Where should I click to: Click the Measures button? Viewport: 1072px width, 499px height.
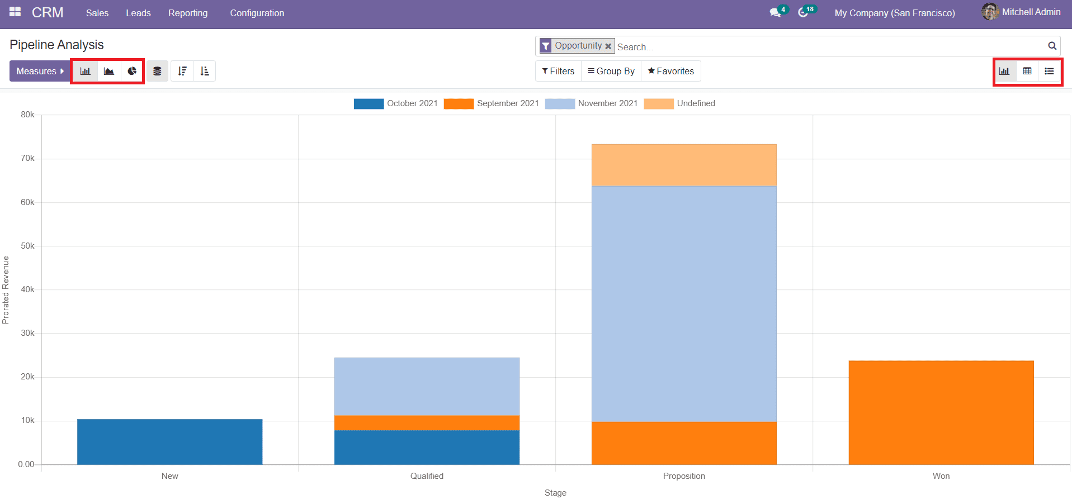(x=40, y=71)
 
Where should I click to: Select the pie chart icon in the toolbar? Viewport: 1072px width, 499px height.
(x=132, y=71)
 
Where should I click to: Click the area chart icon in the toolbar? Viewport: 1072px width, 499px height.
(x=109, y=71)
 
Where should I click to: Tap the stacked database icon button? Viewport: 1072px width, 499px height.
(x=157, y=71)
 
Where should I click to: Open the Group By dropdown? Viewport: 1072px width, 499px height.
(x=611, y=71)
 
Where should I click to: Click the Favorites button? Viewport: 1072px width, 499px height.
(x=670, y=71)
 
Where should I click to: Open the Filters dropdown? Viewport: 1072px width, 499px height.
(x=558, y=71)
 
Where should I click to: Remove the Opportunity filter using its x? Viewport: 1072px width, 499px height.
(x=608, y=46)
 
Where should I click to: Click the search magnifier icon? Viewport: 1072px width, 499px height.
(x=1052, y=46)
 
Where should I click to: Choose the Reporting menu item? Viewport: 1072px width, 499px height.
(x=188, y=13)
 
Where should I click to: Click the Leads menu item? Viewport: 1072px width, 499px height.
(x=138, y=13)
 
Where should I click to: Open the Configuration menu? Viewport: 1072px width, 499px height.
(x=257, y=13)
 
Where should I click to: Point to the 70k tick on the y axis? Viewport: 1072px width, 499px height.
(x=28, y=158)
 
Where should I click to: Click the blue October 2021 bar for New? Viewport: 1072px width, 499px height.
(x=170, y=441)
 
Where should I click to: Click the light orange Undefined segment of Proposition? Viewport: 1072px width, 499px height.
(x=684, y=165)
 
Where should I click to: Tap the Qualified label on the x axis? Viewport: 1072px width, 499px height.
(x=427, y=476)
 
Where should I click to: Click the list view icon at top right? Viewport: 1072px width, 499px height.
(x=1049, y=71)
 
